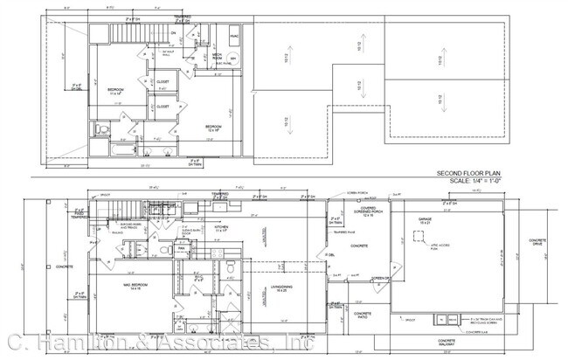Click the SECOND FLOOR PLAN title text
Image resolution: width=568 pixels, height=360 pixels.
tap(469, 173)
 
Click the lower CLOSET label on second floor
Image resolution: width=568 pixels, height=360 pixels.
tap(163, 107)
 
